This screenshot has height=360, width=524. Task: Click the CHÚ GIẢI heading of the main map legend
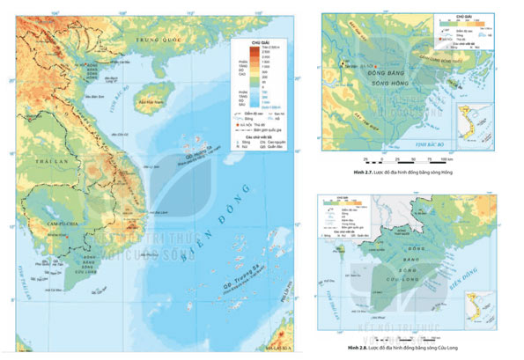pos(257,40)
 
